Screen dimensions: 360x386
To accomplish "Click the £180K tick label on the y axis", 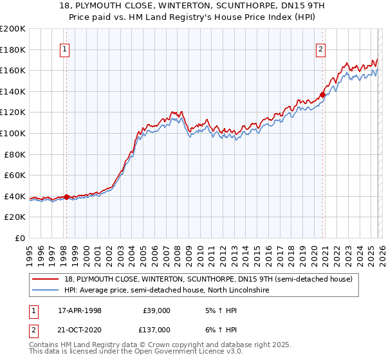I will (13, 49).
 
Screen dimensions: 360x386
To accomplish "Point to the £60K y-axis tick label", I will (15, 175).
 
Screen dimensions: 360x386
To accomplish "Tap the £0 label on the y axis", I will (21, 238).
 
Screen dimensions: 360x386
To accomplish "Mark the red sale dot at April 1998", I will (66, 197).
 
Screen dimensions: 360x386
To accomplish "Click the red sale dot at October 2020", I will (323, 94).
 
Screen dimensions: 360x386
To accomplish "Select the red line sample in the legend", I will (46, 280).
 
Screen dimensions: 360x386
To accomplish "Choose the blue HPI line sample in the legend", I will (46, 291).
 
